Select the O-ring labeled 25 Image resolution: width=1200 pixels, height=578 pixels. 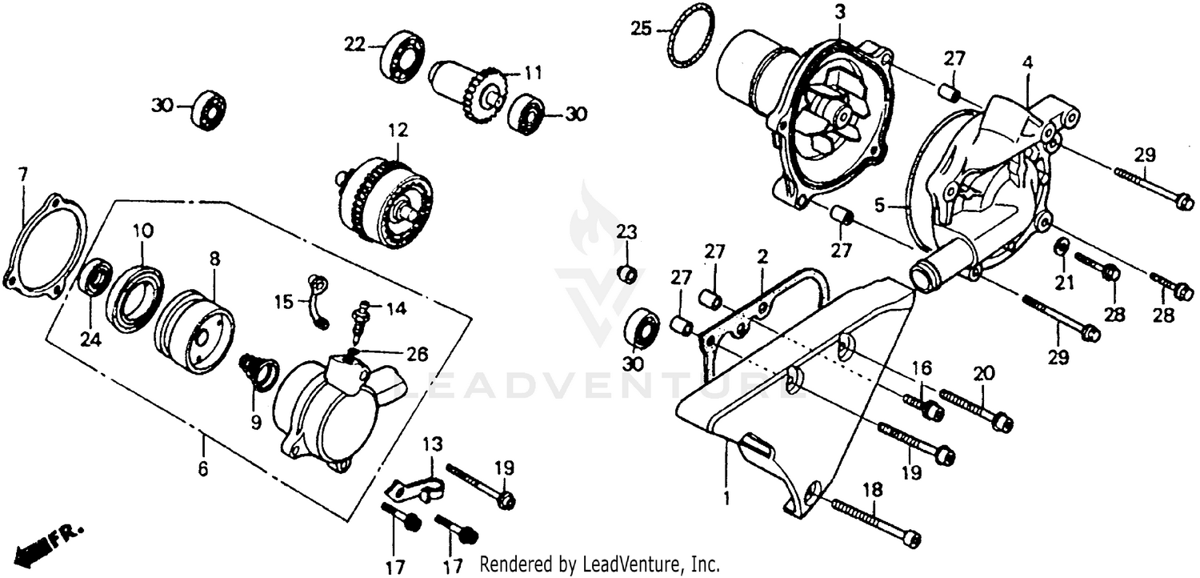point(691,36)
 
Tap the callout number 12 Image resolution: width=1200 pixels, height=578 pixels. point(398,129)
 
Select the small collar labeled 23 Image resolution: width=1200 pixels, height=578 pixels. point(627,275)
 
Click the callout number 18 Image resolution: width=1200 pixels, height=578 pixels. point(871,489)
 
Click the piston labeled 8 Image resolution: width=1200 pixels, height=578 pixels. point(194,330)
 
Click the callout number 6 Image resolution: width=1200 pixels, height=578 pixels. point(202,469)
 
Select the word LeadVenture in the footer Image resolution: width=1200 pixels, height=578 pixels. point(641,564)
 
